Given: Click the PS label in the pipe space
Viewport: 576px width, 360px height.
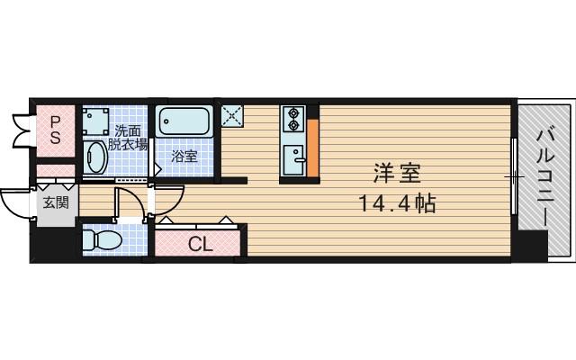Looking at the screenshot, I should pos(55,129).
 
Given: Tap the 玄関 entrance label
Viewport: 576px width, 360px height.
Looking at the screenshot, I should pos(53,202).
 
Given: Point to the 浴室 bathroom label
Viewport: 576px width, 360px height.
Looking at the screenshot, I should pos(184,157).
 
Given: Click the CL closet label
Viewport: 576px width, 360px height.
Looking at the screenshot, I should pos(200,242).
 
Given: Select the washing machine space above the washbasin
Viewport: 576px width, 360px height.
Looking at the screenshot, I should pos(95,121).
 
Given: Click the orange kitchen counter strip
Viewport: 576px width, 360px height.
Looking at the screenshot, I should pos(313,147).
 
